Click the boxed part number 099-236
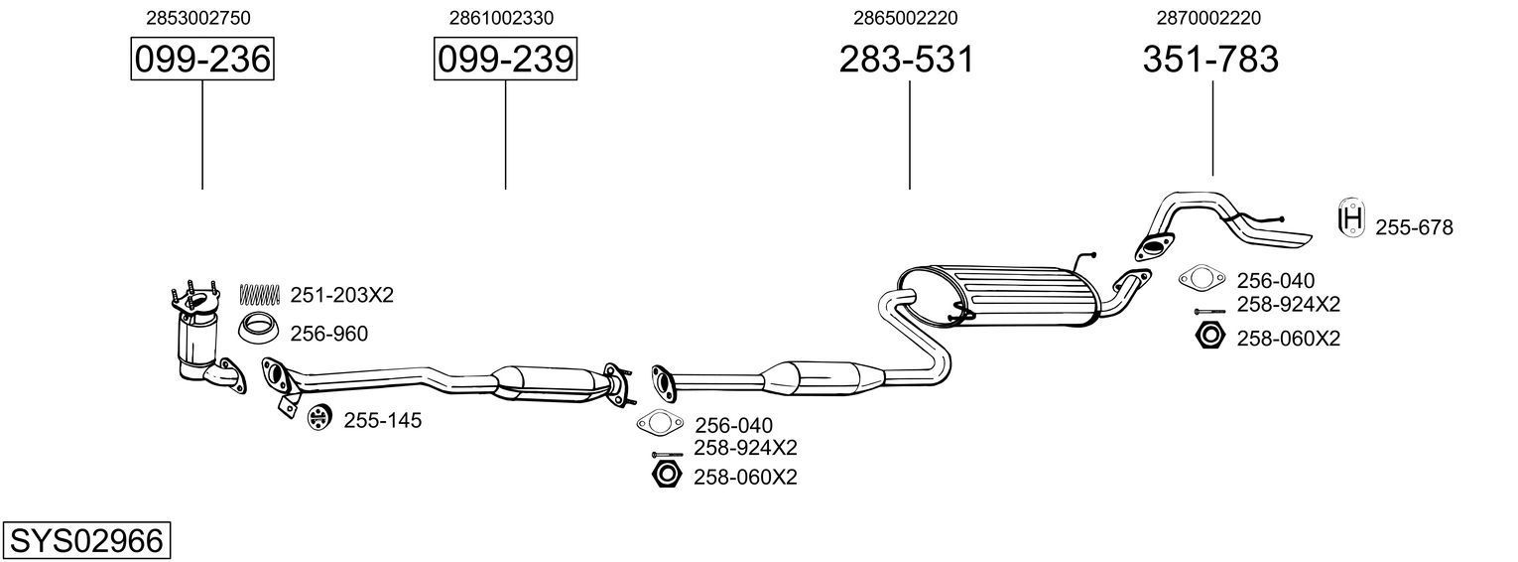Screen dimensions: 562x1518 (202, 60)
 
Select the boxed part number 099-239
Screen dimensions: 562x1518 (505, 60)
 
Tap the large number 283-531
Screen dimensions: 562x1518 (907, 60)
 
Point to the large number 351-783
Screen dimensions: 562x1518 (1210, 60)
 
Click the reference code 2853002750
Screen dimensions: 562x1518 (197, 18)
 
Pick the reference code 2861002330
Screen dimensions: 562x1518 (501, 18)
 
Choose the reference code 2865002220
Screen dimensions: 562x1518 (905, 18)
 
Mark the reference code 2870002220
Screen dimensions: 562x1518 (1208, 18)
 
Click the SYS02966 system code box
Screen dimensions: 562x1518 (86, 541)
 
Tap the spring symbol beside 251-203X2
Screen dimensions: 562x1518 (261, 294)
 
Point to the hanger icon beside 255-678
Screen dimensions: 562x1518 (1349, 218)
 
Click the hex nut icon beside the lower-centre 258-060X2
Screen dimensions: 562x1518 (666, 475)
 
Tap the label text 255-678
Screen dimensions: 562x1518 (1414, 228)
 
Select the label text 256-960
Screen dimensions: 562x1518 (328, 335)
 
